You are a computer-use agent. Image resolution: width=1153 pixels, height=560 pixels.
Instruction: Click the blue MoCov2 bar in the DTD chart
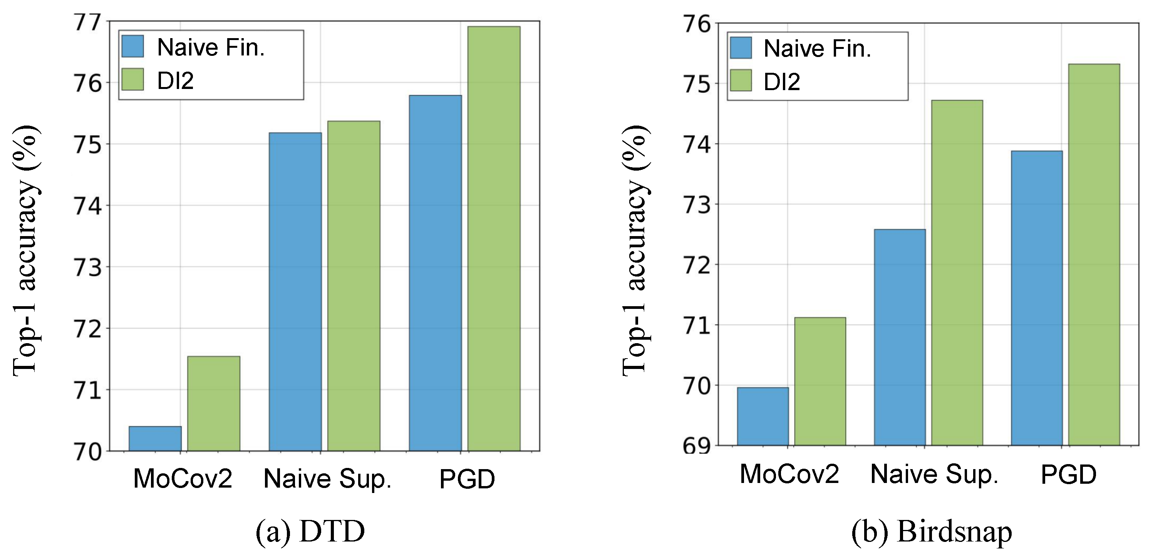click(155, 438)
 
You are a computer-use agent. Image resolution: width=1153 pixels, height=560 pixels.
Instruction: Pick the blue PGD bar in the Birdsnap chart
click(1037, 298)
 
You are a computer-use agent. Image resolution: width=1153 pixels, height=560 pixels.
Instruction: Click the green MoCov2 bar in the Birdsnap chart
click(820, 381)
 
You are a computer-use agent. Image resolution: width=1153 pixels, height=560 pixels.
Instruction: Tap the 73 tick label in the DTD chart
click(88, 268)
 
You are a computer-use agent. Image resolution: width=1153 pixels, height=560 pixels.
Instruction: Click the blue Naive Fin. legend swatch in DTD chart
click(132, 47)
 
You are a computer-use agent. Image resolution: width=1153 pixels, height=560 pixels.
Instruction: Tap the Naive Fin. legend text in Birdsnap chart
click(817, 49)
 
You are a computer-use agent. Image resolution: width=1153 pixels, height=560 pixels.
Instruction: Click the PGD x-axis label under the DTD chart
click(467, 480)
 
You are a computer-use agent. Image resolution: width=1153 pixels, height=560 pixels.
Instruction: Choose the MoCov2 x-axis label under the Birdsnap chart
click(789, 474)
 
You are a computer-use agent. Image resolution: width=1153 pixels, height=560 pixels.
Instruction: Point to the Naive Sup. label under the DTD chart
click(328, 480)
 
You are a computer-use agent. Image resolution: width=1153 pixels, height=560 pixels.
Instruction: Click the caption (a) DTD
click(310, 532)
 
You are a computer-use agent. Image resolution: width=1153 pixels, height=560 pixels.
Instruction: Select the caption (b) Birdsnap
click(932, 532)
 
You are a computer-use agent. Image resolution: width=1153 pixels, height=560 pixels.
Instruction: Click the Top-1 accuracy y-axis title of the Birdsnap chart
click(635, 251)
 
